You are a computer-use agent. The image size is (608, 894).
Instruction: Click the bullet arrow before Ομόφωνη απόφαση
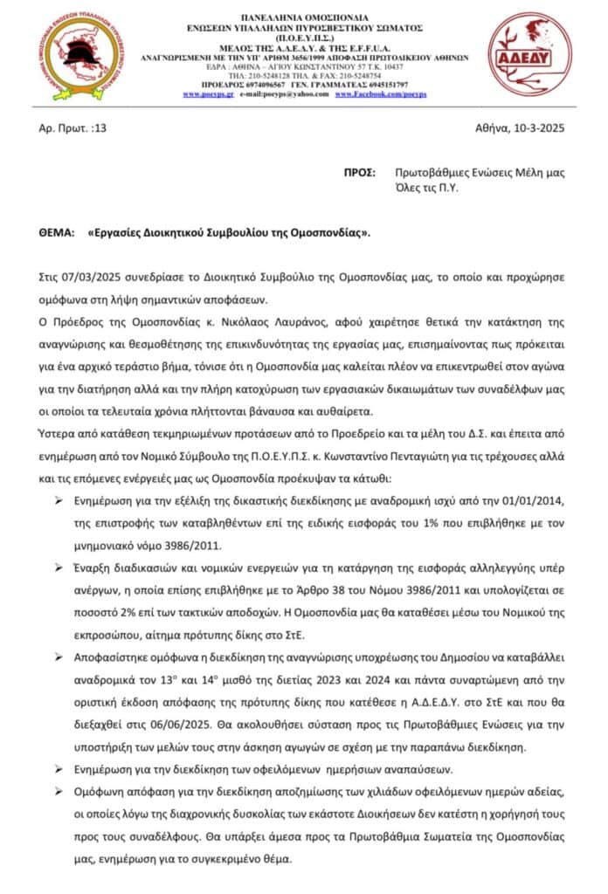coord(59,790)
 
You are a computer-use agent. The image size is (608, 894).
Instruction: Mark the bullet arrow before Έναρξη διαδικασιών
coord(59,567)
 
